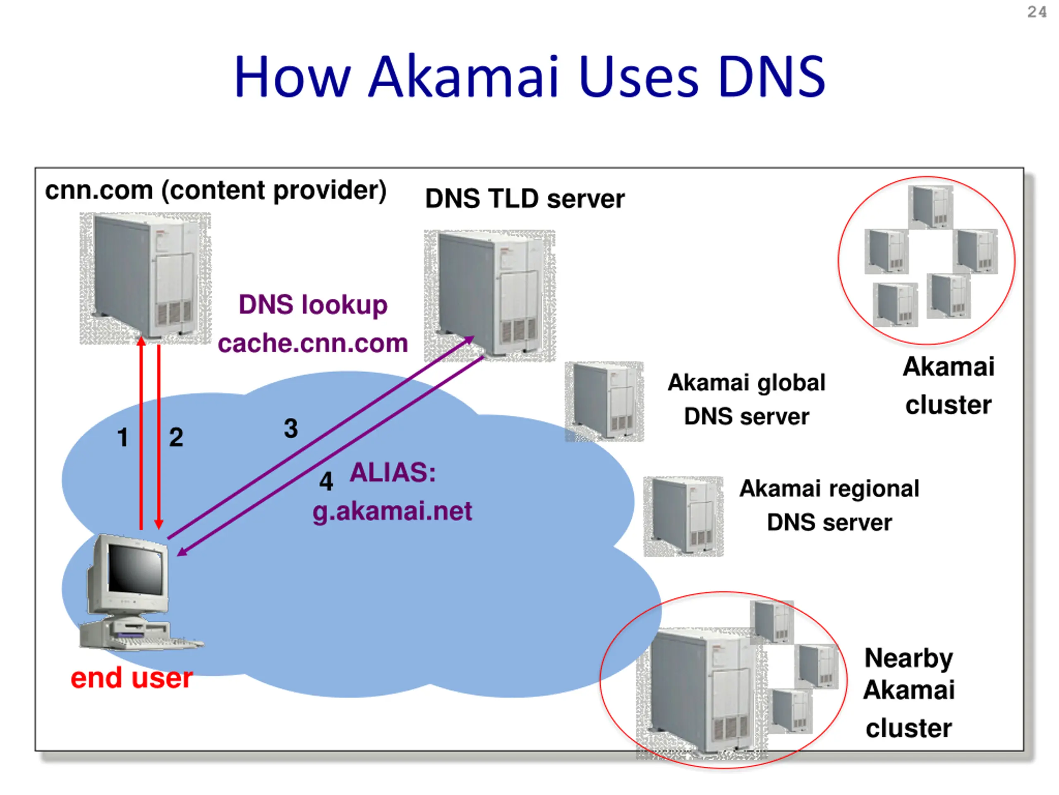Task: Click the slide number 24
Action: click(1037, 12)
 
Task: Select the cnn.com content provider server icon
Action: click(145, 278)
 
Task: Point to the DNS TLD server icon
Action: click(489, 295)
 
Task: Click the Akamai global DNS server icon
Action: click(604, 401)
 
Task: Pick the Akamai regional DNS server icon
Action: click(683, 516)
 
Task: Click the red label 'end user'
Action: click(132, 678)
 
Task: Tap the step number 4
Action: click(326, 481)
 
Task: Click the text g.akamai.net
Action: click(392, 511)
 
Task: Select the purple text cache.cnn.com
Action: click(313, 344)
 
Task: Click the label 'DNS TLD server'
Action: click(525, 199)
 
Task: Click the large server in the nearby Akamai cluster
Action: click(701, 692)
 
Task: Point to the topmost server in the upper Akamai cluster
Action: click(930, 207)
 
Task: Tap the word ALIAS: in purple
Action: click(393, 472)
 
